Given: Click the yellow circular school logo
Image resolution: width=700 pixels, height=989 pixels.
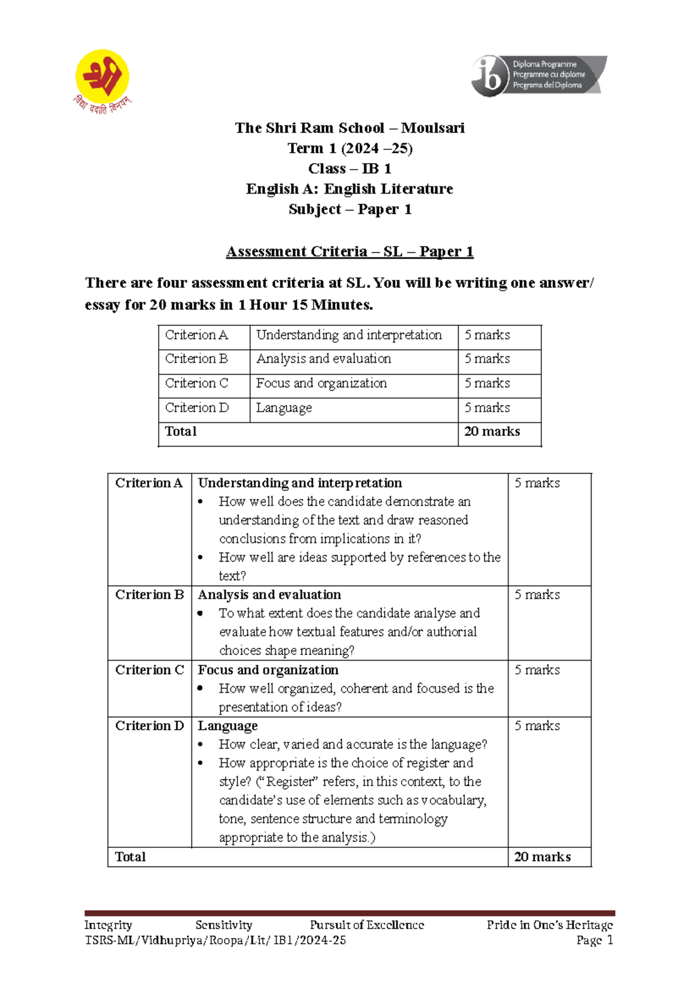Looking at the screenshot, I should click(x=102, y=76).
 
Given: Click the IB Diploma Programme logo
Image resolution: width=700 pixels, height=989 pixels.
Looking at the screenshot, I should click(x=538, y=75).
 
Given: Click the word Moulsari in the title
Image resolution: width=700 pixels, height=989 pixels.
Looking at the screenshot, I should click(x=433, y=128).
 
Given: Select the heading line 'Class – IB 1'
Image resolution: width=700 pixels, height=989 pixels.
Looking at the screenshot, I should click(x=349, y=169).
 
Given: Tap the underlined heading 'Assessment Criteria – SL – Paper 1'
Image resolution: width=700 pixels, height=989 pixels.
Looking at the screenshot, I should click(x=349, y=251).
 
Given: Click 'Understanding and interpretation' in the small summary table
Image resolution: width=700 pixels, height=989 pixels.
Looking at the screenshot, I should click(x=349, y=335).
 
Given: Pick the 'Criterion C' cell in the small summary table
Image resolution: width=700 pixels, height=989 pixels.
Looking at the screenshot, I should click(x=197, y=383).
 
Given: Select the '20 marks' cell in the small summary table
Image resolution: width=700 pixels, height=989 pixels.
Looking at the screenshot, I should click(x=492, y=432).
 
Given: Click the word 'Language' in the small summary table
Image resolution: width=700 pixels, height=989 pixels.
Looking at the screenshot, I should click(x=283, y=408).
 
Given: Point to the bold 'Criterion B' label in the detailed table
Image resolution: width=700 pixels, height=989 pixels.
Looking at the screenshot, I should click(x=149, y=594).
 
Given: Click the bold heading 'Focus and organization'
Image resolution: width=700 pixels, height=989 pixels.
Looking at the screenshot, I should click(x=268, y=669).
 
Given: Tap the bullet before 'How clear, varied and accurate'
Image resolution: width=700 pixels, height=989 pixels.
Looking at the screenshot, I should click(x=201, y=745).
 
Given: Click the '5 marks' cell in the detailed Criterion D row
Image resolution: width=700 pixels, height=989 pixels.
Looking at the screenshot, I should click(x=537, y=725).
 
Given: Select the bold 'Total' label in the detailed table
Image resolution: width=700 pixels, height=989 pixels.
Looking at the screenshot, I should click(x=130, y=857).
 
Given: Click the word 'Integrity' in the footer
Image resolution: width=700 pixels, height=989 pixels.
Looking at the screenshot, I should click(x=108, y=925).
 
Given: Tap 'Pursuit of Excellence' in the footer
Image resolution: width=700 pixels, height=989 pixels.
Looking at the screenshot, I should click(x=366, y=925).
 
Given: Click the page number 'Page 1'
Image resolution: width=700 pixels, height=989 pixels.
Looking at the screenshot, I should click(x=594, y=940).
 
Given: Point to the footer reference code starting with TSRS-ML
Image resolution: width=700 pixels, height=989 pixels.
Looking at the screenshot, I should click(x=215, y=940).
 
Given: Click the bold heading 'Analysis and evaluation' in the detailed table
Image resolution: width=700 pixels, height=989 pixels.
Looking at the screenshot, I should click(x=269, y=594).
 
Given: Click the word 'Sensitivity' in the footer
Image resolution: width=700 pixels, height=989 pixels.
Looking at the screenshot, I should click(x=223, y=925).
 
